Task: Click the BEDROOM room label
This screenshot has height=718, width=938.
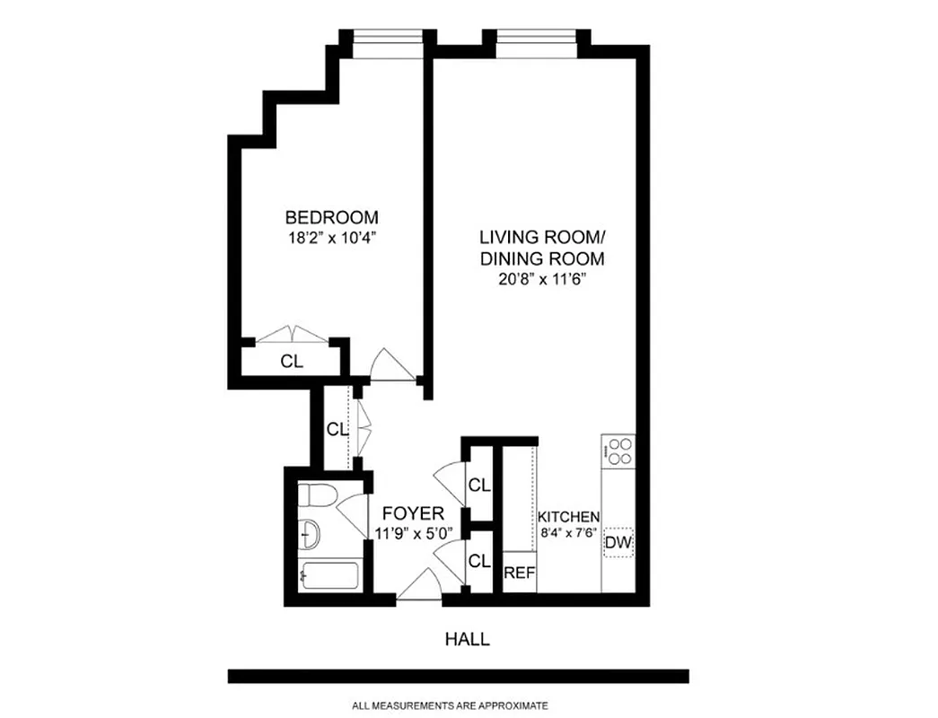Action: (331, 217)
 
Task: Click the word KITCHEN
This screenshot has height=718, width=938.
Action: (568, 518)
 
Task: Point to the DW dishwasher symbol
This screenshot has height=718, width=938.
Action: (617, 542)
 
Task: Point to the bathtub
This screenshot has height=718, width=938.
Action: (331, 574)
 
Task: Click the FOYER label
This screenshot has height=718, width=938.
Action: (412, 513)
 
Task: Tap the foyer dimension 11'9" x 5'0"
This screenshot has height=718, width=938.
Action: (412, 533)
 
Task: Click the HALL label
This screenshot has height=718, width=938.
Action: (468, 639)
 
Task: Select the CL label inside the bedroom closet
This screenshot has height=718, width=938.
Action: (292, 363)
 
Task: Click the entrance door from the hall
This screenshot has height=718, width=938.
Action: (418, 587)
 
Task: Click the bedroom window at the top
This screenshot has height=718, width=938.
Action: (387, 46)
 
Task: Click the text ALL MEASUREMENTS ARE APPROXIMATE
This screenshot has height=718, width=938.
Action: (450, 705)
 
